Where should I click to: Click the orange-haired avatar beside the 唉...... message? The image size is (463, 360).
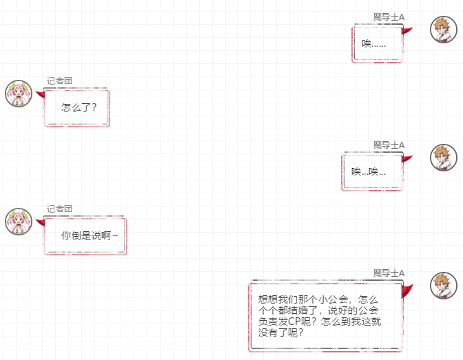coord(444,30)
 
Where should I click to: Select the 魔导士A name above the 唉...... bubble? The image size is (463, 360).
coord(389,17)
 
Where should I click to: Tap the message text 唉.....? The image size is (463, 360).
coord(374,44)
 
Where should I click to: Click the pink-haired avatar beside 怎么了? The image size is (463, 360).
coord(19,94)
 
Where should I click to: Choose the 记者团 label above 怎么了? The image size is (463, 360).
coord(59,81)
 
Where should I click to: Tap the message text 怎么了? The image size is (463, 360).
coord(79,107)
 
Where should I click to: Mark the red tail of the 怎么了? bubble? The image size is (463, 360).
coord(41,94)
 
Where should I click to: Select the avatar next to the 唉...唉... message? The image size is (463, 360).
coord(444,158)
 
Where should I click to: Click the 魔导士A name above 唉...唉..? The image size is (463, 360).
coord(389,145)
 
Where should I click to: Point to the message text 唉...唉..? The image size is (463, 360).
coord(369,171)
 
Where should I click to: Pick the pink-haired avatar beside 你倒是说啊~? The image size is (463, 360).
coord(19,222)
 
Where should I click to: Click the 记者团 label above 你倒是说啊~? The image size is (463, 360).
coord(59,209)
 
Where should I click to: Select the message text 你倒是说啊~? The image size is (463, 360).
coord(90,235)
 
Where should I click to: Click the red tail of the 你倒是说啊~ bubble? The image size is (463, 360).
coord(41,222)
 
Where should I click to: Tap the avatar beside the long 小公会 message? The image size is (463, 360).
coord(444,286)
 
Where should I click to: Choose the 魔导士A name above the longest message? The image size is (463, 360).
coord(389,273)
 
